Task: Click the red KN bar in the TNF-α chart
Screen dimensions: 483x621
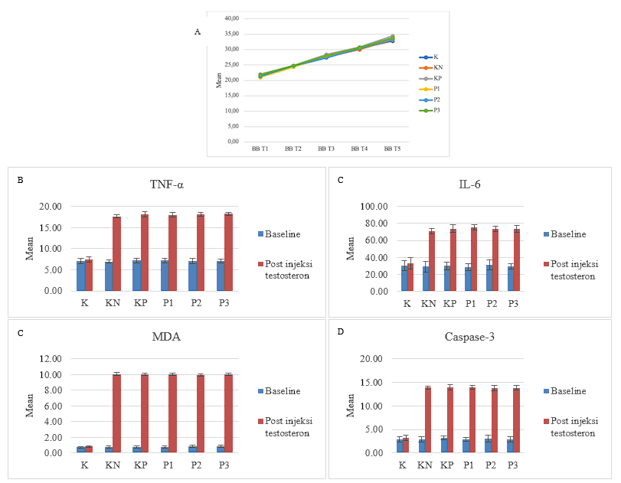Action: (116, 253)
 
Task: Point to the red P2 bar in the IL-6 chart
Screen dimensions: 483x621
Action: (516, 260)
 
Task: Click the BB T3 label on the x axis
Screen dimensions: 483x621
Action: (327, 148)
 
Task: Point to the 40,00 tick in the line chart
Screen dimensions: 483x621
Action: (230, 18)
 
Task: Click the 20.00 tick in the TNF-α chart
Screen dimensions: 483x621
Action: (57, 207)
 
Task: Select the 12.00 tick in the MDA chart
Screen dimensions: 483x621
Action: (58, 359)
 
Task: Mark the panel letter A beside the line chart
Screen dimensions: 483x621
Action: (198, 32)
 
